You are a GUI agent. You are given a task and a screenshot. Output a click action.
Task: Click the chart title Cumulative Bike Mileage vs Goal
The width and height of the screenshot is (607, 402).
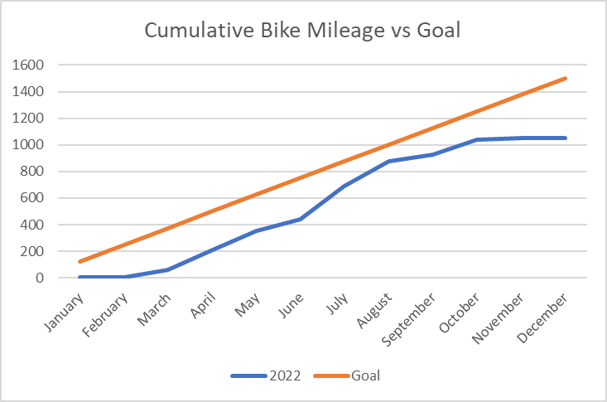click(x=303, y=31)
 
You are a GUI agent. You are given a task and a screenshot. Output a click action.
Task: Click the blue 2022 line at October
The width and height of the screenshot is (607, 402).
click(x=477, y=139)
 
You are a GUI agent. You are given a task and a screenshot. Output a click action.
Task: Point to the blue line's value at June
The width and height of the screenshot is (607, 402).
click(x=301, y=219)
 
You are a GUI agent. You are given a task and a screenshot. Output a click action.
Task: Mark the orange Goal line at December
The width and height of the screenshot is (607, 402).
click(x=566, y=78)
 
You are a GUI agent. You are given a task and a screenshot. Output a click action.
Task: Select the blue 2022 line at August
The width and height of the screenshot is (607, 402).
click(x=388, y=161)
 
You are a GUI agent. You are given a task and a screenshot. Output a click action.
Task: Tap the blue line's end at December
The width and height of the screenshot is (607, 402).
click(x=566, y=138)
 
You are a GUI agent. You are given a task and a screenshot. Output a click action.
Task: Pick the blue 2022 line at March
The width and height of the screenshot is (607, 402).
click(x=168, y=269)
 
